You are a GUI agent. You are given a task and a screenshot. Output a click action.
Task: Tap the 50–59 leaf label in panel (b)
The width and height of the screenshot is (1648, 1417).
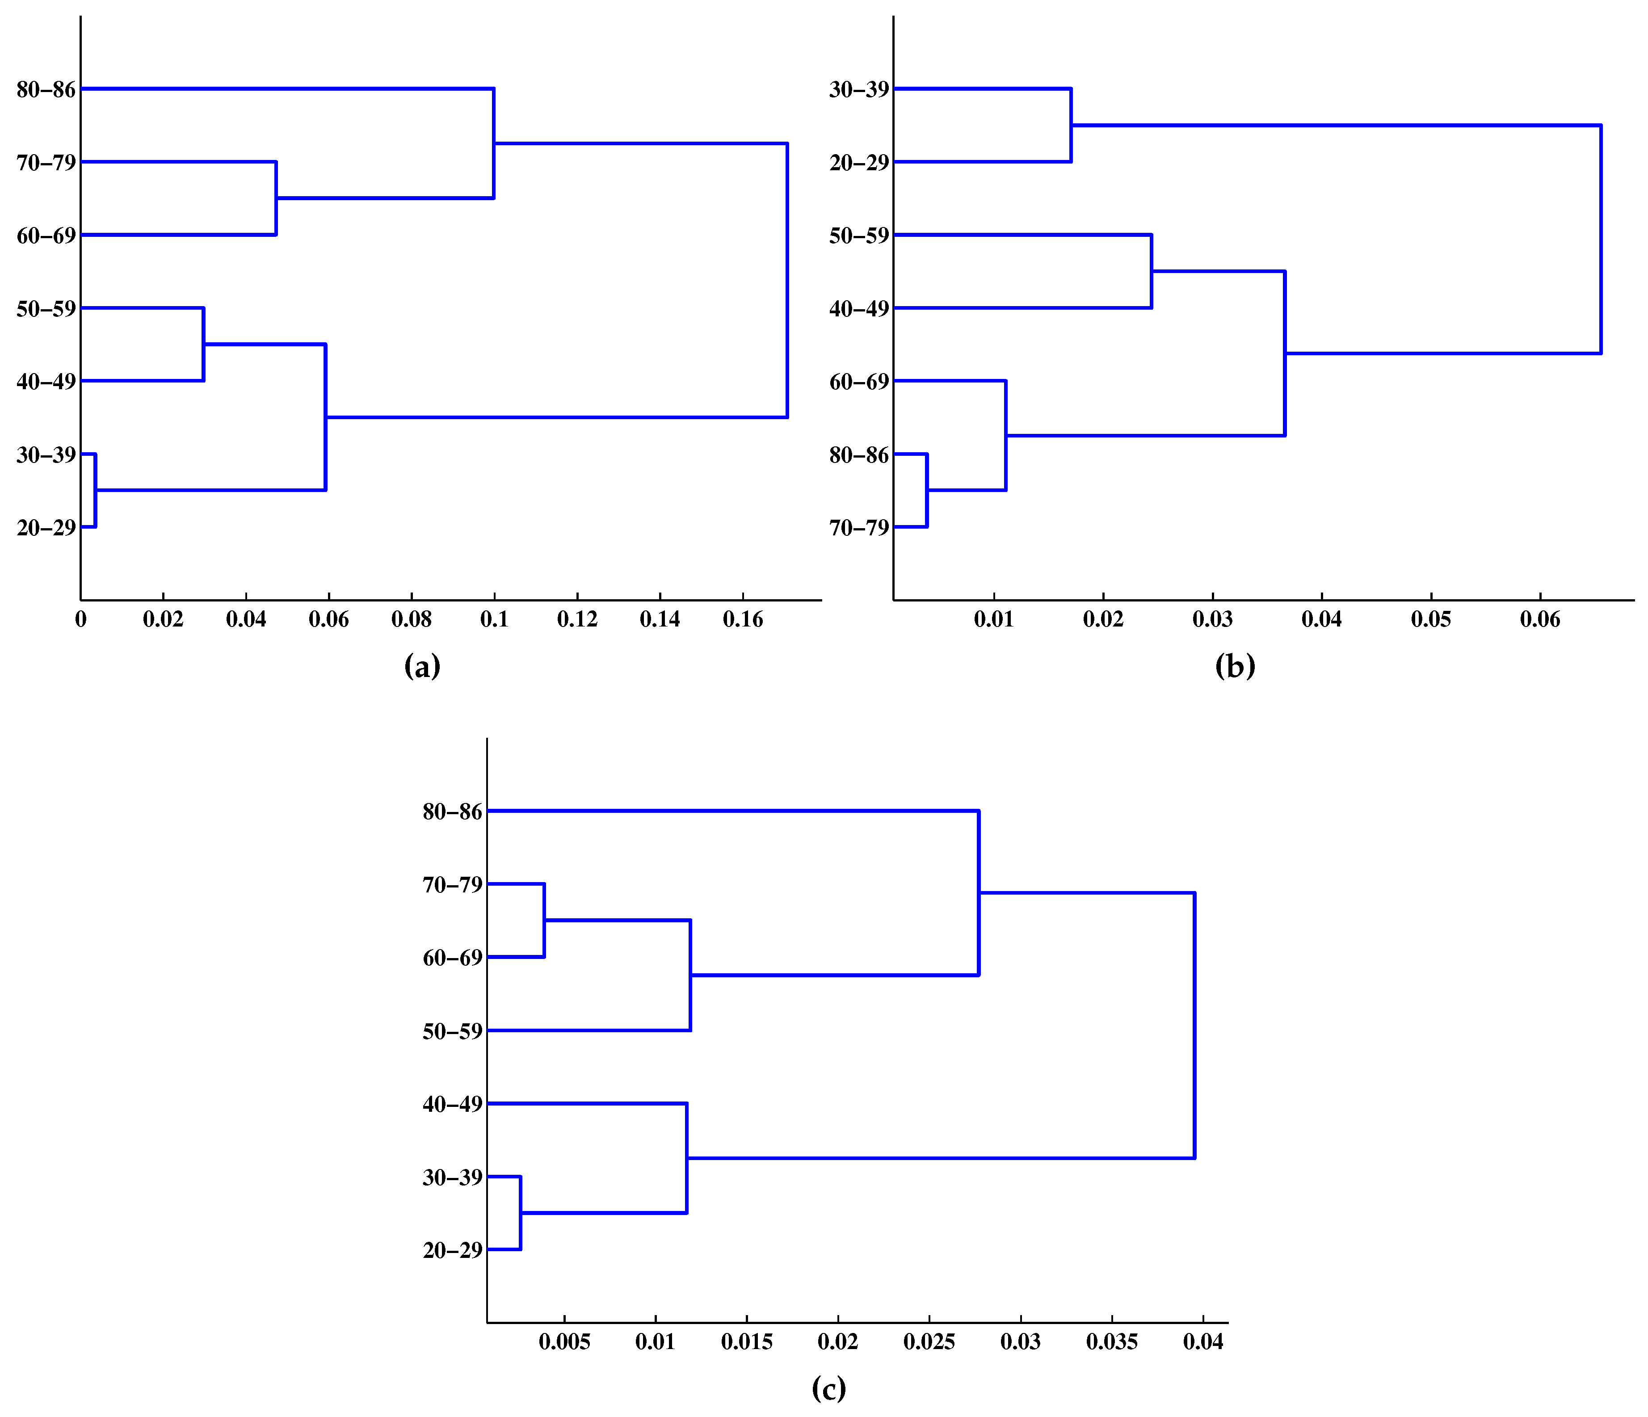click(859, 235)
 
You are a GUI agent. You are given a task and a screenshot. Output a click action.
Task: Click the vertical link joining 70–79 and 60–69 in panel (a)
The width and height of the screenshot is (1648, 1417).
click(276, 198)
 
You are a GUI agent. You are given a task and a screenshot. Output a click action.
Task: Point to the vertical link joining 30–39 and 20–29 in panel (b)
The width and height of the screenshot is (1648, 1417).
click(1072, 125)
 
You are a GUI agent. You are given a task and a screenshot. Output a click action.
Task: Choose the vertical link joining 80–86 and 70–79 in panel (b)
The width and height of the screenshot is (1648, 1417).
click(927, 490)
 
